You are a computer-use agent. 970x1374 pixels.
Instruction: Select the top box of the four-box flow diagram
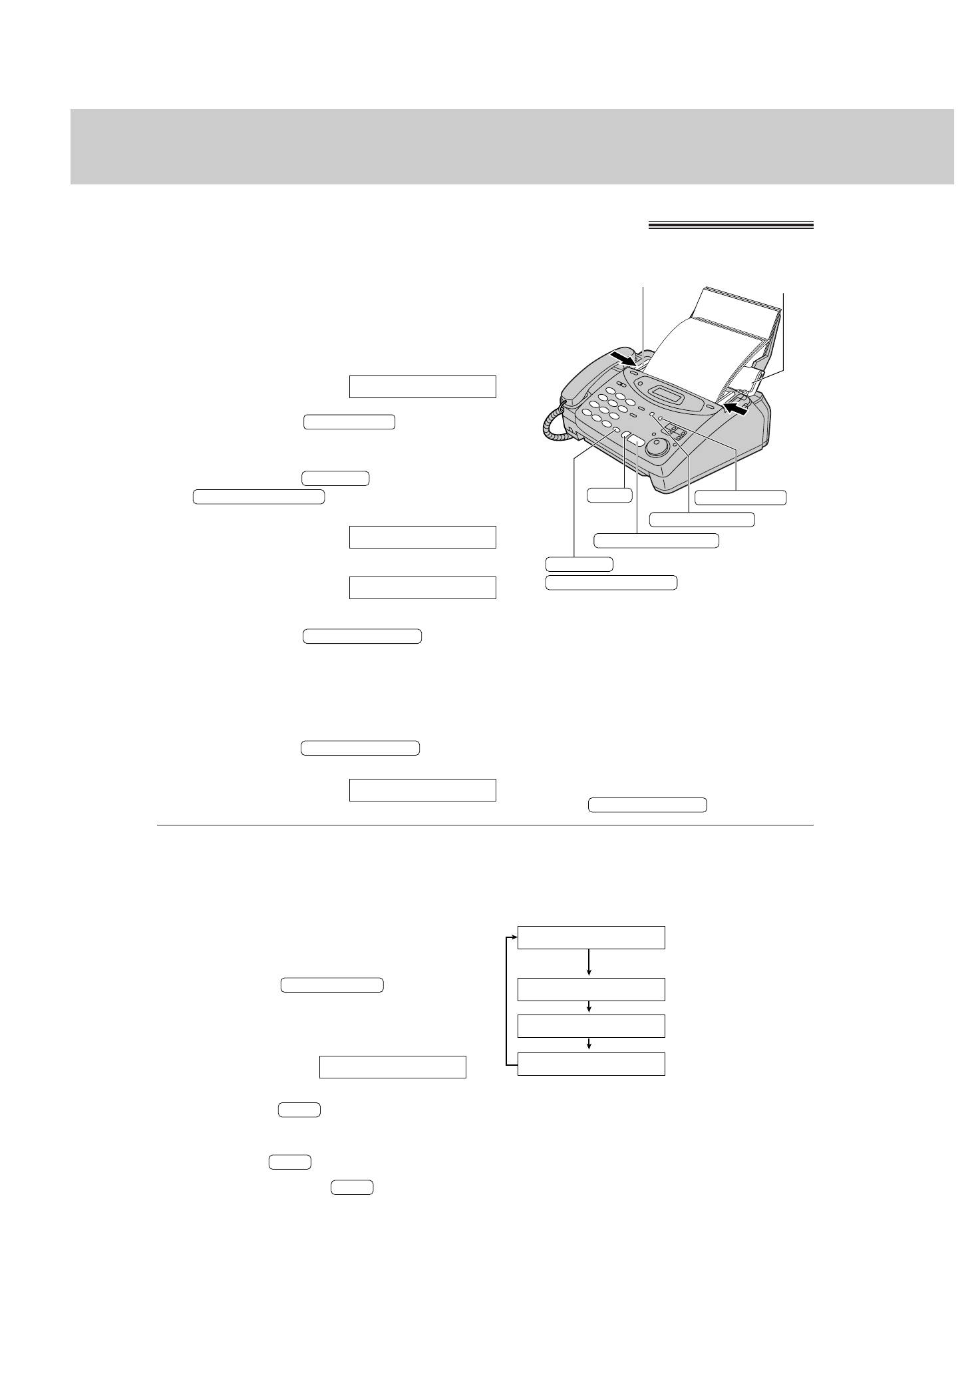pyautogui.click(x=591, y=937)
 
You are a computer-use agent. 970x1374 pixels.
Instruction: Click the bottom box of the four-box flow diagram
pyautogui.click(x=591, y=1064)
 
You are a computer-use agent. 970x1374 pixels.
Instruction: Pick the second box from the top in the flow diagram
pyautogui.click(x=591, y=989)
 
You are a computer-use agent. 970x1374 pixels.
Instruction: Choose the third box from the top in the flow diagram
pyautogui.click(x=591, y=1026)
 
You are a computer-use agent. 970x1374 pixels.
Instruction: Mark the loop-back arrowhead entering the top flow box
pyautogui.click(x=513, y=937)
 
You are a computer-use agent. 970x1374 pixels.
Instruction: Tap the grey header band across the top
pyautogui.click(x=512, y=146)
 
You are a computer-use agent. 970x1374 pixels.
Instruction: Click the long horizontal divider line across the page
pyautogui.click(x=485, y=825)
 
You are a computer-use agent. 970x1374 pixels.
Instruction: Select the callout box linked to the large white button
pyautogui.click(x=655, y=540)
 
